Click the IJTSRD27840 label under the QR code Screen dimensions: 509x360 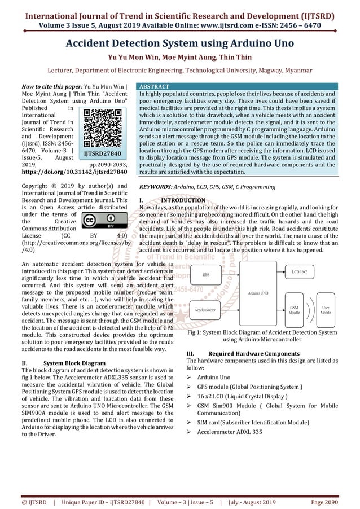[103, 153]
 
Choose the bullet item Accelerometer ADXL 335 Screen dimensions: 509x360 [229, 432]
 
